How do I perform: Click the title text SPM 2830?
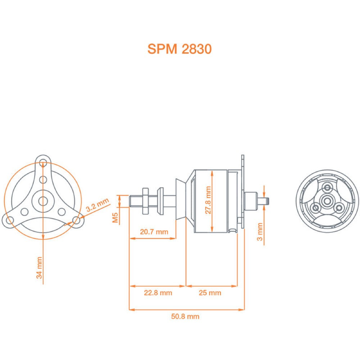point(179,49)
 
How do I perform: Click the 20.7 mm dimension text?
point(154,232)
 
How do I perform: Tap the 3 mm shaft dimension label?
point(260,232)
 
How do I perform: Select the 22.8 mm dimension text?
point(158,293)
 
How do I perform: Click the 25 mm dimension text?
point(210,293)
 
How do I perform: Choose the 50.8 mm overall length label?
point(185,317)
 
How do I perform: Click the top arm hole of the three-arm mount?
point(43,161)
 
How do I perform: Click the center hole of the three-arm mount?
point(43,201)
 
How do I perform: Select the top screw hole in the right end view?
point(327,187)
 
